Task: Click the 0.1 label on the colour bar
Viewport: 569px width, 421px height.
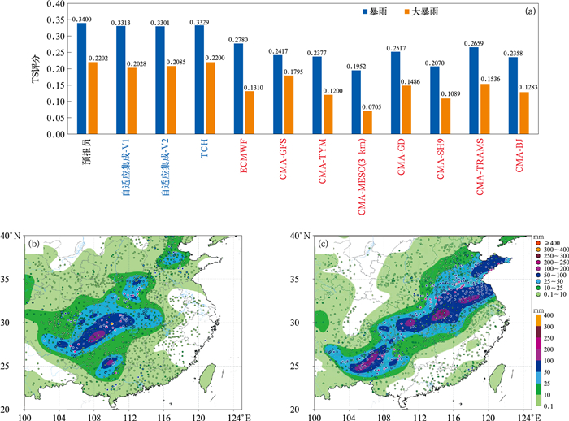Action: (x=549, y=404)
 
